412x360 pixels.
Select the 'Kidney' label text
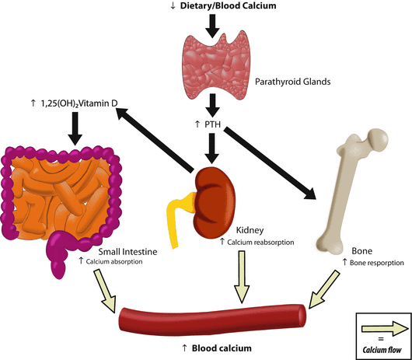tap(250, 231)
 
